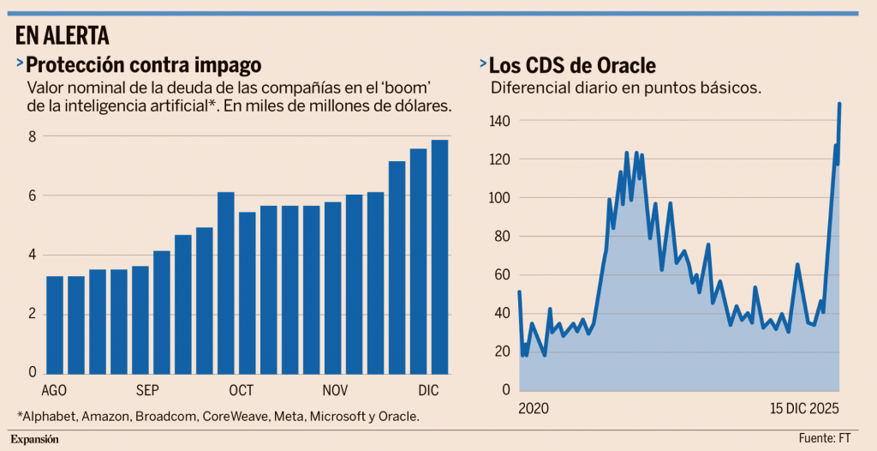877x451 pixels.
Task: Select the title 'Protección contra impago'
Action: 143,64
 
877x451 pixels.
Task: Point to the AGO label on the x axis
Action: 55,390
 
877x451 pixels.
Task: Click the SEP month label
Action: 147,390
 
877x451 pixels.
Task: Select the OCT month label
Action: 242,390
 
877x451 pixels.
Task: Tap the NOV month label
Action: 335,390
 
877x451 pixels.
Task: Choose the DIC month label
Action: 429,390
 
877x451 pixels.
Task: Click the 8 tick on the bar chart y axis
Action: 32,136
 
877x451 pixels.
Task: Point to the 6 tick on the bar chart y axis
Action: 32,195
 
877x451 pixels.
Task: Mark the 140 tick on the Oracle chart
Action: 501,121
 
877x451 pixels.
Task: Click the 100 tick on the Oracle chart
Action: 501,198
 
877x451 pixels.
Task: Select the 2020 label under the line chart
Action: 534,407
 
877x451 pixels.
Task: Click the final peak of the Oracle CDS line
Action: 839,104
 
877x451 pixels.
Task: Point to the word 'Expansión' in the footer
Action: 35,439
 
